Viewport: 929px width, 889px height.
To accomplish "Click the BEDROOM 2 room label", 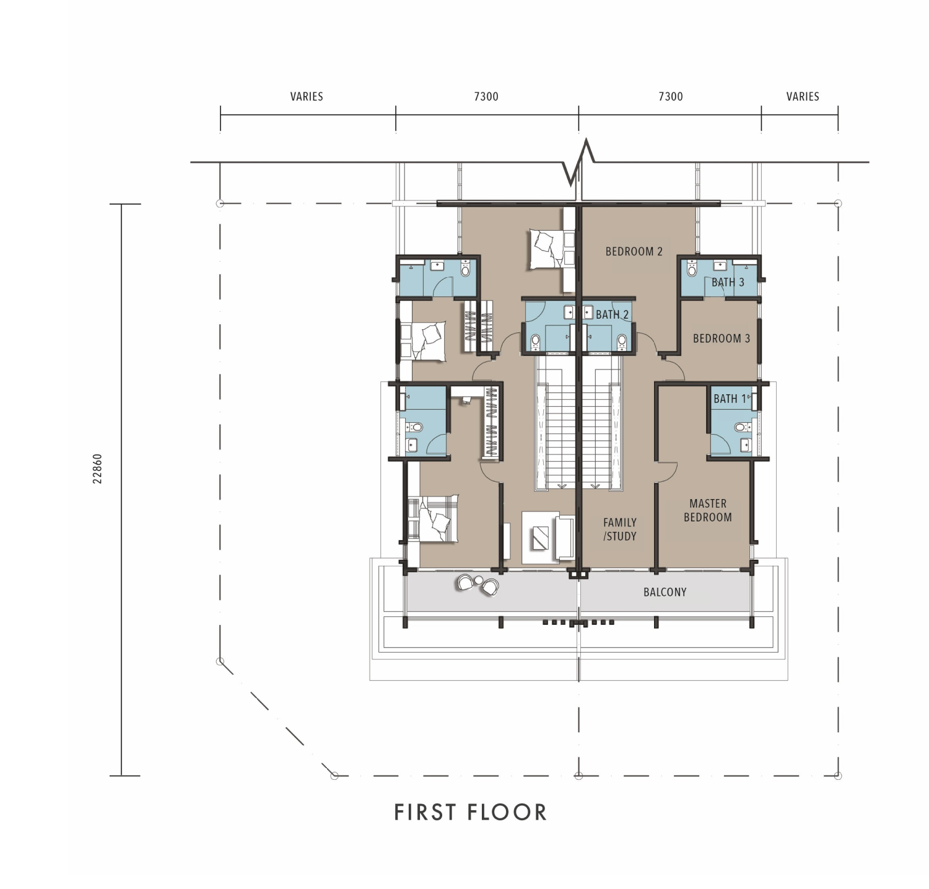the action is tap(634, 252).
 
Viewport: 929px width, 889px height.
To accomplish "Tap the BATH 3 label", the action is tap(728, 283).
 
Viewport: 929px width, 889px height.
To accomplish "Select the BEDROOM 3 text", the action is tap(722, 338).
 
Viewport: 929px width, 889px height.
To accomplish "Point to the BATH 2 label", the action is tap(612, 315).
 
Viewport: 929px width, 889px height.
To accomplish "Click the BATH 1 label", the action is tap(730, 399).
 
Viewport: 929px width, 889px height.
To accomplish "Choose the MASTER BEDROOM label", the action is tap(708, 510).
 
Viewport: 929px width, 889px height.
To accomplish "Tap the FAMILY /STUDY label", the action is tap(620, 529).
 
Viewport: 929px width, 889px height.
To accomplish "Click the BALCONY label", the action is tap(665, 592).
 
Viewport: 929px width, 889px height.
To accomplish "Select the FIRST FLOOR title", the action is tap(471, 812).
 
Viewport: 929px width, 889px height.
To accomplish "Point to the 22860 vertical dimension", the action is tap(97, 469).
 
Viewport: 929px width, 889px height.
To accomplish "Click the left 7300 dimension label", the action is tap(486, 96).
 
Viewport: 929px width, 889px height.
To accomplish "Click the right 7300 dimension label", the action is tap(671, 96).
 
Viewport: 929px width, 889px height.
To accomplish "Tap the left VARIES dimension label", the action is tap(307, 96).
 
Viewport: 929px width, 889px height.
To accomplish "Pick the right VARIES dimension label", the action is tap(803, 96).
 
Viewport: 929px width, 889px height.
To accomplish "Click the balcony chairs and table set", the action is tap(478, 585).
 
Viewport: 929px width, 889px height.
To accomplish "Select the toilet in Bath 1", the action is tap(739, 427).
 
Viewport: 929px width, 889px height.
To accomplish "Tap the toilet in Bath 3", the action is tap(692, 269).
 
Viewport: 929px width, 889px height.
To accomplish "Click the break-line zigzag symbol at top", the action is tap(579, 162).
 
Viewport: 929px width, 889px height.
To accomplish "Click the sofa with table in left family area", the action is tap(549, 537).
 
